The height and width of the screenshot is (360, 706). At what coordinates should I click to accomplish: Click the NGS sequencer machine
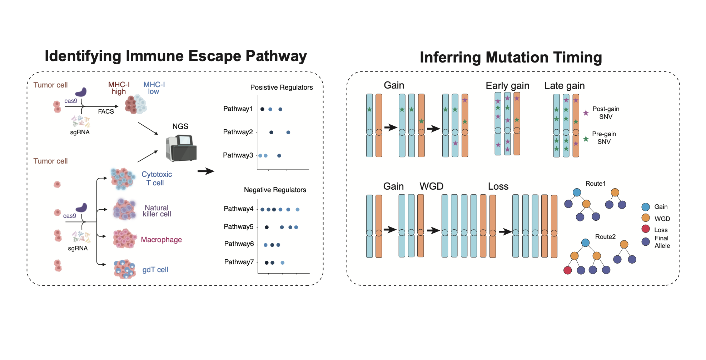coord(181,148)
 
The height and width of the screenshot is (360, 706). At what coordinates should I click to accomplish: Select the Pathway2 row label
coord(238,132)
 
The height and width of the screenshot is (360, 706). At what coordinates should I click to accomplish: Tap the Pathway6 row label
coord(239,244)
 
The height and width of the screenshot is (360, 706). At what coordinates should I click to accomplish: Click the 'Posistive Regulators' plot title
coord(281,87)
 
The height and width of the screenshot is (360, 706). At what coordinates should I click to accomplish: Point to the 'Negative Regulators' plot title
coord(275,190)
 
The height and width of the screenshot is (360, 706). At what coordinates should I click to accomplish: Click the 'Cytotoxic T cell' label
coord(156,179)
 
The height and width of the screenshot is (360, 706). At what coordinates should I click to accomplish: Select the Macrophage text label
coord(161,240)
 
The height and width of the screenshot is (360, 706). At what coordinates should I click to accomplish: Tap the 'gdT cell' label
coord(155,270)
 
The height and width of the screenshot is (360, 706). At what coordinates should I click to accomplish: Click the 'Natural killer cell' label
coord(157,211)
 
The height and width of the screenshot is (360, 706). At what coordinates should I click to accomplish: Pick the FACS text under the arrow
coord(106,111)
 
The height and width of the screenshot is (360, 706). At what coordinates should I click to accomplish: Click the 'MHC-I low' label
coord(154,88)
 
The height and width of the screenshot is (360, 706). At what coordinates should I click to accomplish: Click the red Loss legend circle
coord(646,229)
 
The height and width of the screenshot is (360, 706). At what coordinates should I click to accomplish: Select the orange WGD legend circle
coord(646,218)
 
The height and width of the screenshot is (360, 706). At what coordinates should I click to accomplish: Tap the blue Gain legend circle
coord(646,207)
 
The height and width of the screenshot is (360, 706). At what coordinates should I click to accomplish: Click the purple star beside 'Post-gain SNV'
coord(586,113)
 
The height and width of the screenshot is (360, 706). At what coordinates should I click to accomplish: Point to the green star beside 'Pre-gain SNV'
coord(586,139)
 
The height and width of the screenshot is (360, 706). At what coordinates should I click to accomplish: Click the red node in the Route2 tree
coord(567,270)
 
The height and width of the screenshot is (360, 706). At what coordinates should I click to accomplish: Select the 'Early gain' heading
coord(507,86)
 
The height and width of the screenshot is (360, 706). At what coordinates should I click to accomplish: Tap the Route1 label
coord(595,184)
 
